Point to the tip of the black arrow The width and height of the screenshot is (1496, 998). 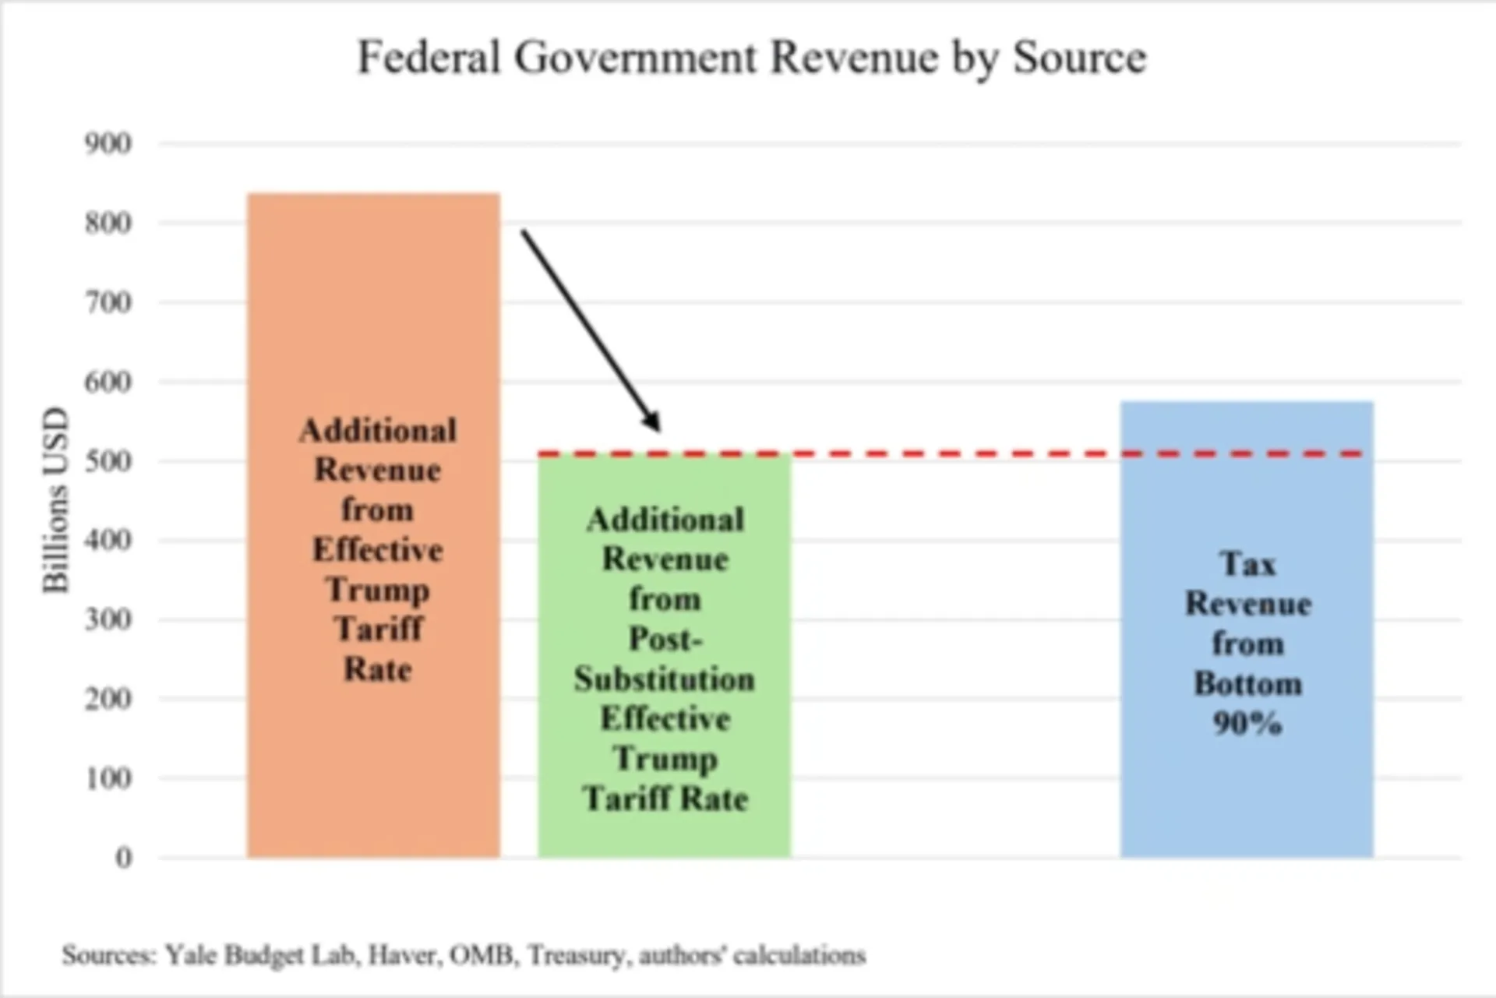(x=658, y=429)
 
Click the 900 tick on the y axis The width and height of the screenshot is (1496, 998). (x=108, y=144)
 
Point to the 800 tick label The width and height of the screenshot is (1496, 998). (x=108, y=224)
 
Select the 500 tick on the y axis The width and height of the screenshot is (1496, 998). (x=108, y=461)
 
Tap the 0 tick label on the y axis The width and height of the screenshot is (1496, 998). (x=123, y=858)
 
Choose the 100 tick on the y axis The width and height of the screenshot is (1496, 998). (x=108, y=778)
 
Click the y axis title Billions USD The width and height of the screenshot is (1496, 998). (x=55, y=500)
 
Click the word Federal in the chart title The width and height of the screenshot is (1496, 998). (x=428, y=58)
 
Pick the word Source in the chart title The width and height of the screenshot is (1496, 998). (x=1079, y=58)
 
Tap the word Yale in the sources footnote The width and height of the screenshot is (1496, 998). (x=190, y=955)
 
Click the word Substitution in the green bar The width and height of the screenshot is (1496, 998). (x=665, y=679)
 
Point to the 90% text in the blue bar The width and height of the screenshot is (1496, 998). (x=1247, y=724)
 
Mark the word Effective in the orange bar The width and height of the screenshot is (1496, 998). (x=378, y=550)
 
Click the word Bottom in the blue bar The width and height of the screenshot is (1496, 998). (x=1247, y=684)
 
